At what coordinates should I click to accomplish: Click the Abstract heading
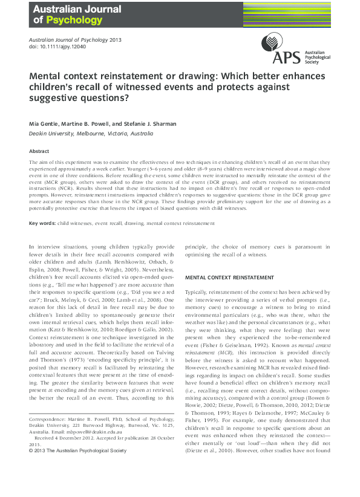[x=39, y=151]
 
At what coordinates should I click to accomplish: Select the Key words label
[x=42, y=206]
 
